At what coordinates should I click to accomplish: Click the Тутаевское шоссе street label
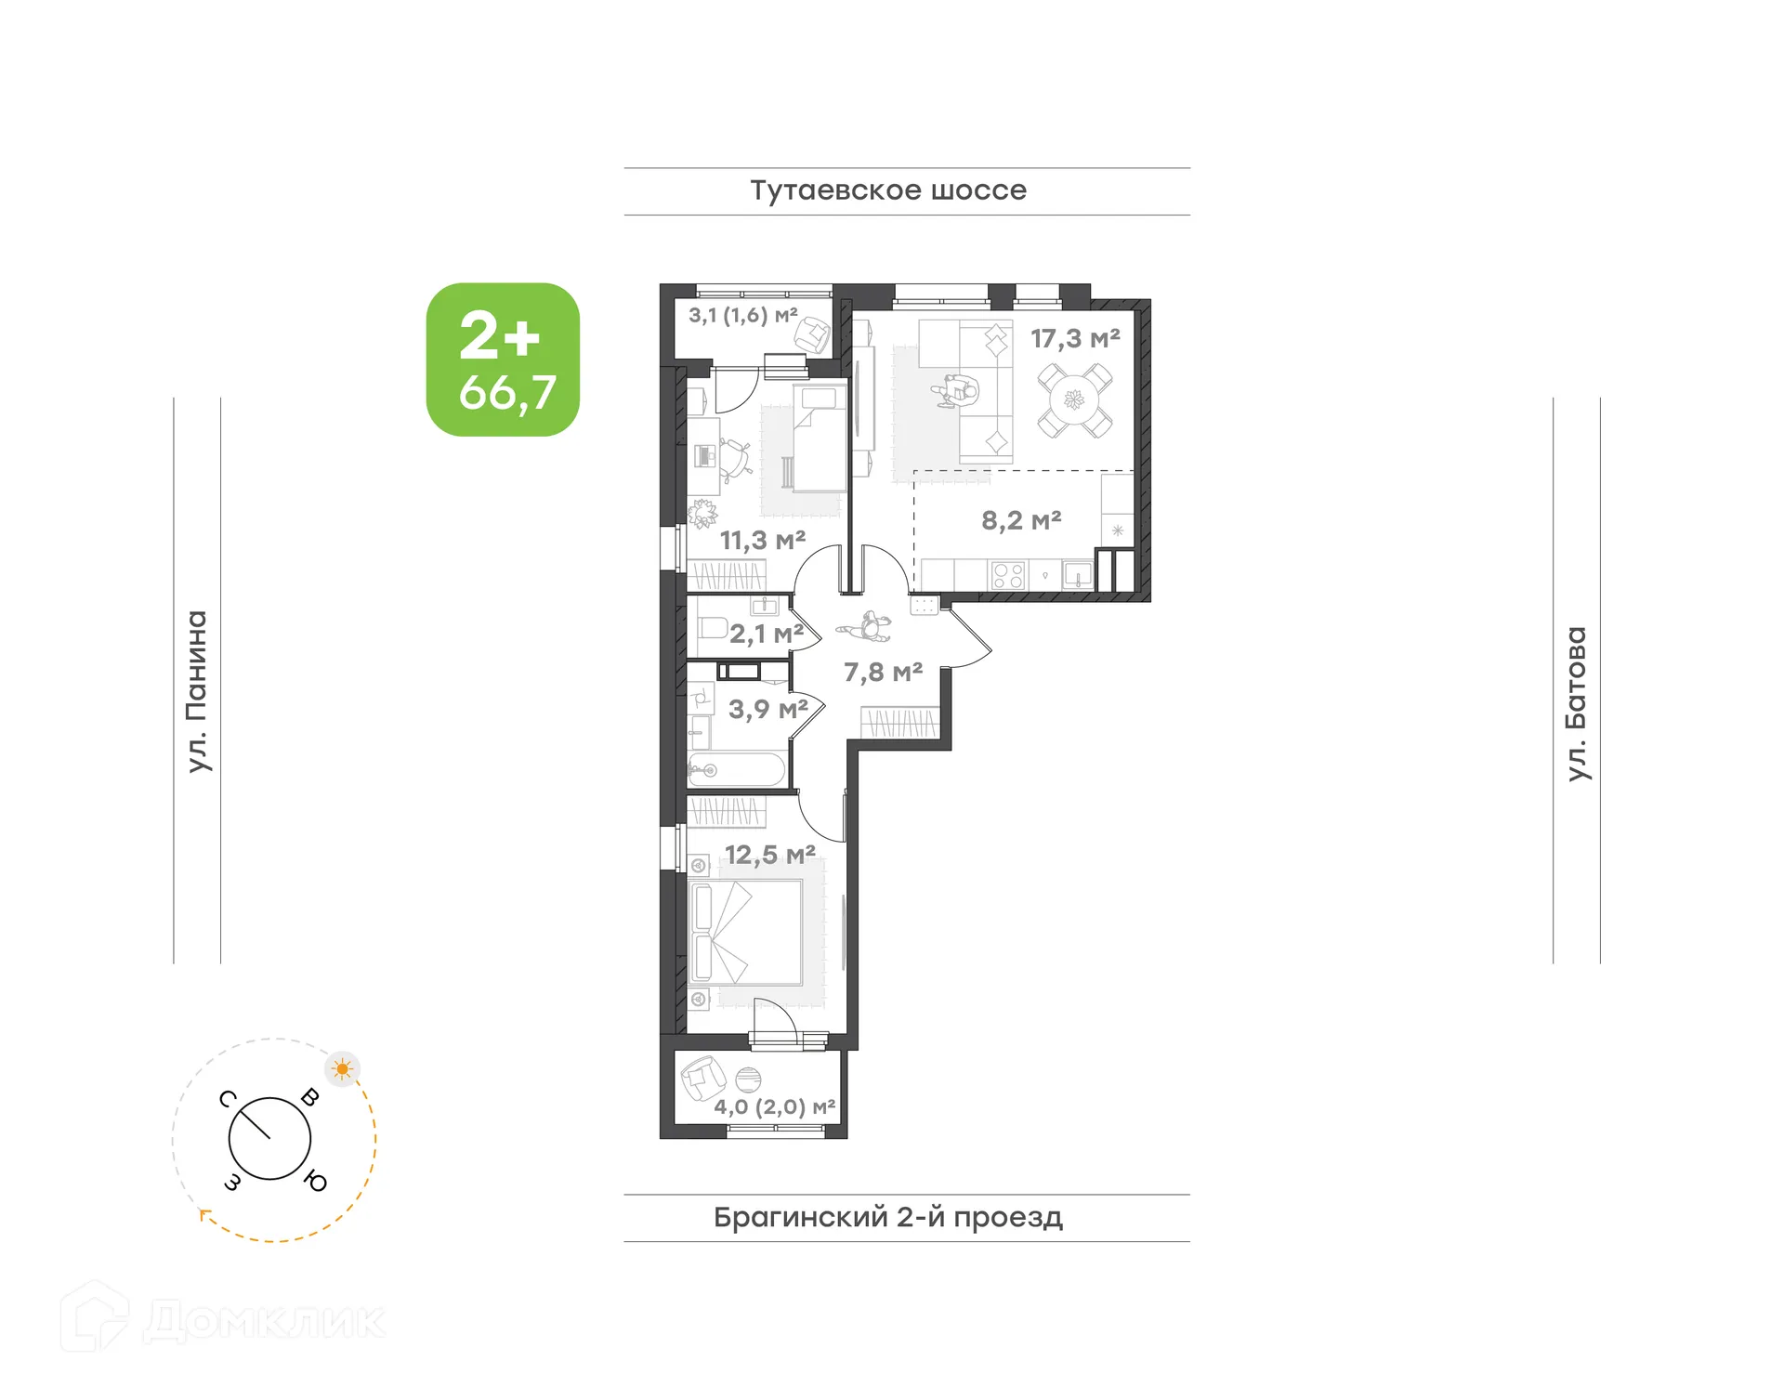tap(888, 190)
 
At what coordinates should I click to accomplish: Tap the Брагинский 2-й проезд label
tap(887, 1217)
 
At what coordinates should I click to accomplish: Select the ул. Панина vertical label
tap(196, 691)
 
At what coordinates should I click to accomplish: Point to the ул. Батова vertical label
tap(1576, 703)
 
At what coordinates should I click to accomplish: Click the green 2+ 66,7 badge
tap(503, 360)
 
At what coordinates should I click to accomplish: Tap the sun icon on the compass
tap(343, 1069)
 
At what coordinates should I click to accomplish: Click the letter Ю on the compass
tap(316, 1182)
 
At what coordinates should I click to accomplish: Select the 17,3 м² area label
tap(1075, 339)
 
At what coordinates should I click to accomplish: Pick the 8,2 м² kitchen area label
tap(1021, 520)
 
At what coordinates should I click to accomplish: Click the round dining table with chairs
tap(1074, 400)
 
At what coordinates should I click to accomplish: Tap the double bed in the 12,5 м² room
tap(746, 932)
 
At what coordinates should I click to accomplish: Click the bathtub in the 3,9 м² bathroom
tap(737, 770)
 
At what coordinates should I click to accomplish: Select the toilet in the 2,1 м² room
tap(711, 627)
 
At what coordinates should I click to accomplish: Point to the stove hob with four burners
tap(1008, 576)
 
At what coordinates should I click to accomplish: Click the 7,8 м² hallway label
tap(883, 672)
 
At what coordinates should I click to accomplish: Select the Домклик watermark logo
tap(223, 1319)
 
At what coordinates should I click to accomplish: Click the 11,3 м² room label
tap(762, 540)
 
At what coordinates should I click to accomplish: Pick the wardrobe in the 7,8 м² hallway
tap(899, 723)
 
